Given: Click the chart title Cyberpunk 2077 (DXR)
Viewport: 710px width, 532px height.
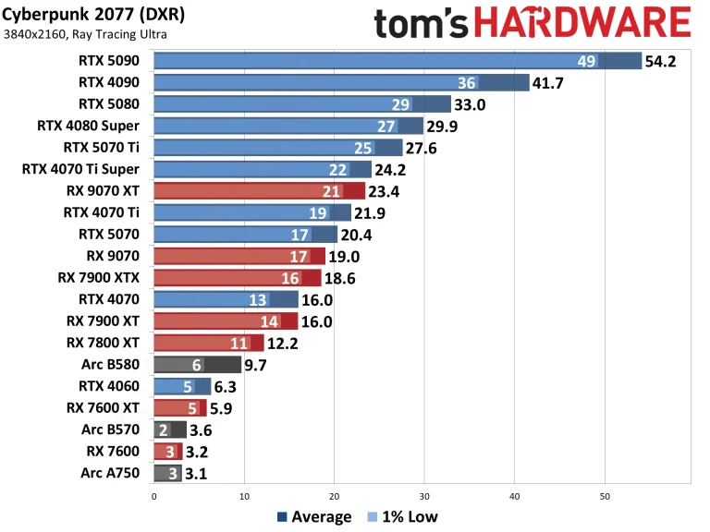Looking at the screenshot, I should coord(84,14).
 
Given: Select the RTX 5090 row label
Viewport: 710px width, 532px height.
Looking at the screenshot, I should coord(109,61).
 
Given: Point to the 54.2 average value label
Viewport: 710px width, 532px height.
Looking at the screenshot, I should coord(662,61).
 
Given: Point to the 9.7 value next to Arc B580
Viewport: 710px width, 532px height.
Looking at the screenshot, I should coord(255,365).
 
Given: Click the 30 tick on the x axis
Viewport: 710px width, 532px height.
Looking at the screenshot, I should coord(424,496).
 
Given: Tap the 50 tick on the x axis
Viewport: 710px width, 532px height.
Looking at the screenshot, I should coord(605,496).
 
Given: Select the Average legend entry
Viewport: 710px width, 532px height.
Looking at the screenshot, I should coord(314,517).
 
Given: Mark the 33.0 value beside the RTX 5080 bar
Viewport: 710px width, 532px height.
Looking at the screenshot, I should coord(470,104).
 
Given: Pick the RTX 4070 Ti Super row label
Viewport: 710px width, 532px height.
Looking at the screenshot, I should coord(80,169).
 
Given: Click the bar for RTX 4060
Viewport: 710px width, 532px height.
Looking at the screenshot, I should coord(182,386).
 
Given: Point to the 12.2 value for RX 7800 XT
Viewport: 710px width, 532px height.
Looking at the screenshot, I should coord(281,343).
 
